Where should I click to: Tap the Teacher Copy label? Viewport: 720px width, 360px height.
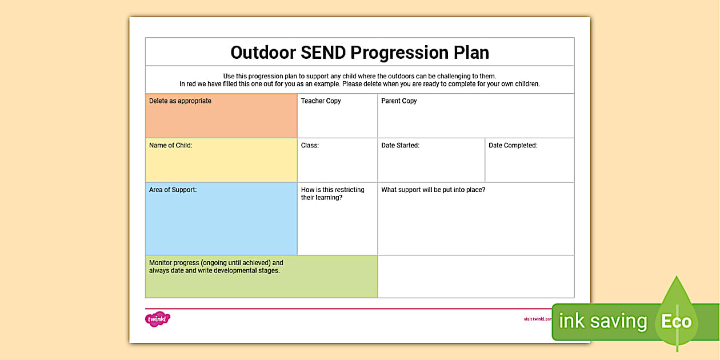coord(321,101)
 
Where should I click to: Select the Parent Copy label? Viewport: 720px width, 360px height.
coord(399,101)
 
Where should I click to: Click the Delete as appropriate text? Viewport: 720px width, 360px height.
coord(180,101)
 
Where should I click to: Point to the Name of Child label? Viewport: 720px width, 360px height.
coord(170,146)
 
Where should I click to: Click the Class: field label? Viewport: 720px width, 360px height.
coord(310,146)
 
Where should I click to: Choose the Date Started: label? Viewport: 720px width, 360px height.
coord(400,146)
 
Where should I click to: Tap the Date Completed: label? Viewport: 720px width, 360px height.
coord(513,146)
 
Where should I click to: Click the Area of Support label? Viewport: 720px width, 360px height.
coord(173,190)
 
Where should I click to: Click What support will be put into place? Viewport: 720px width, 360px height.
coord(433,190)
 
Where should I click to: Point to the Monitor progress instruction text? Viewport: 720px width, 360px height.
coord(216,267)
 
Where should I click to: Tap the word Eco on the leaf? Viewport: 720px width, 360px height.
coord(676,321)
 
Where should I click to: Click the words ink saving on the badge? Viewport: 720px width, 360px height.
coord(602,321)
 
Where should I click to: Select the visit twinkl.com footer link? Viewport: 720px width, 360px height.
coord(538,319)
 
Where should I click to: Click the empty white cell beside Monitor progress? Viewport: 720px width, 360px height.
coord(475,277)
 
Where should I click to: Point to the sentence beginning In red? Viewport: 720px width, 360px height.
coord(359,84)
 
